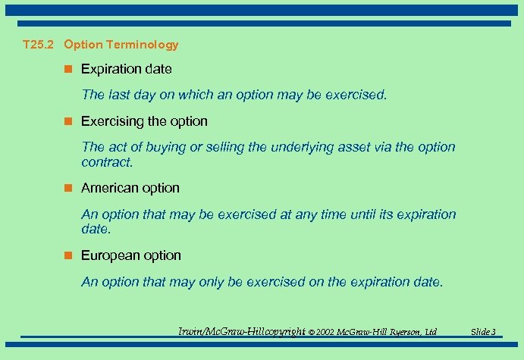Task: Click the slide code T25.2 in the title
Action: pyautogui.click(x=38, y=45)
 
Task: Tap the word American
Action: pyautogui.click(x=109, y=188)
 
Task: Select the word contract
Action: pyautogui.click(x=106, y=162)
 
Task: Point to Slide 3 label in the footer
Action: pyautogui.click(x=483, y=332)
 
